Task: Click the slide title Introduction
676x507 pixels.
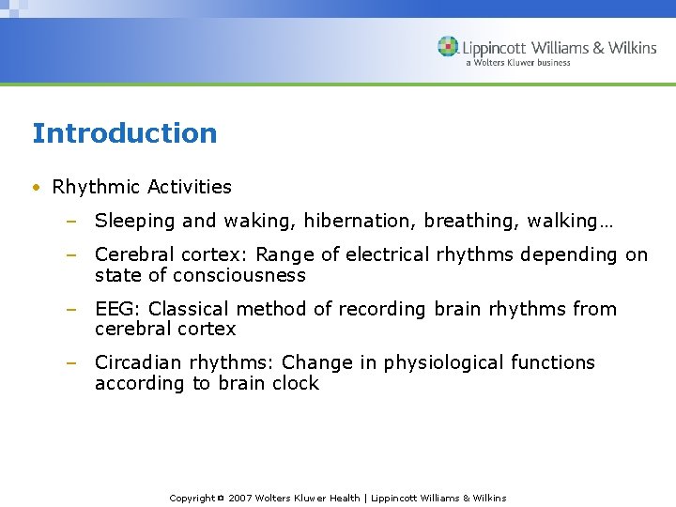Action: click(124, 133)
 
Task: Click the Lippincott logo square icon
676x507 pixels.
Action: click(448, 47)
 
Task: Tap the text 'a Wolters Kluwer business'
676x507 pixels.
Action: click(517, 63)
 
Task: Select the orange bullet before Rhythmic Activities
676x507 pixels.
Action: click(36, 188)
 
